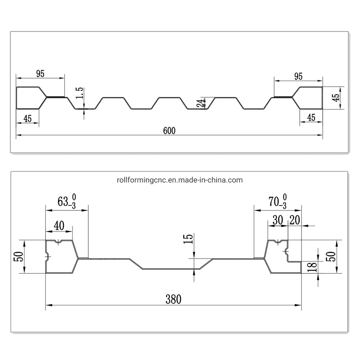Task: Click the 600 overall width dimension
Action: pyautogui.click(x=169, y=131)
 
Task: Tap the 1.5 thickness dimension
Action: pyautogui.click(x=80, y=93)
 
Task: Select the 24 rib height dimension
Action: pyautogui.click(x=200, y=103)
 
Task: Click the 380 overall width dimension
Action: pyautogui.click(x=173, y=299)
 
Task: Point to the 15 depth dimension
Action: pyautogui.click(x=188, y=239)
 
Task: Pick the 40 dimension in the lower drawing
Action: pyautogui.click(x=59, y=226)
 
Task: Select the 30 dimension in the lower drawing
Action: pyautogui.click(x=278, y=220)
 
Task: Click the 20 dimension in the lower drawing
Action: pyautogui.click(x=295, y=220)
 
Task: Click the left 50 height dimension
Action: pyautogui.click(x=19, y=256)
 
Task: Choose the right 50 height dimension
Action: pyautogui.click(x=330, y=256)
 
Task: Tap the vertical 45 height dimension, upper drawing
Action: pyautogui.click(x=336, y=97)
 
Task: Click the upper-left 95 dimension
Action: pyautogui.click(x=40, y=74)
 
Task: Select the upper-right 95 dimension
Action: pyautogui.click(x=299, y=76)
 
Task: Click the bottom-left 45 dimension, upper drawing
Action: pyautogui.click(x=28, y=119)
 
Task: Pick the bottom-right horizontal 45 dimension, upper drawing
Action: pyautogui.click(x=311, y=118)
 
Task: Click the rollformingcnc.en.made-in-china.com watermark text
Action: pyautogui.click(x=180, y=180)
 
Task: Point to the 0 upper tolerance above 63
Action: pyautogui.click(x=74, y=197)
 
